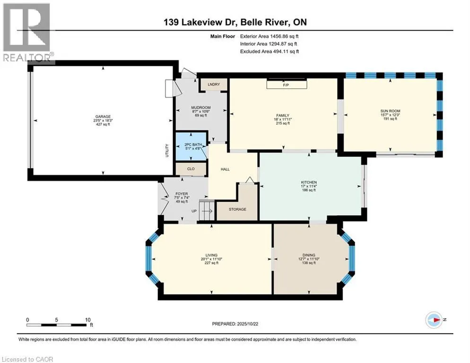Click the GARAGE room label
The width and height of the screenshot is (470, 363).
pyautogui.click(x=103, y=116)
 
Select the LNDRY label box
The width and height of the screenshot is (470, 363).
pyautogui.click(x=213, y=84)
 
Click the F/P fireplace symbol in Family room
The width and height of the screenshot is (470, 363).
pyautogui.click(x=286, y=85)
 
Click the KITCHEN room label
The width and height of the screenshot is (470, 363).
pyautogui.click(x=309, y=182)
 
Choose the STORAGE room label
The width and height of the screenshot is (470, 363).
pyautogui.click(x=237, y=209)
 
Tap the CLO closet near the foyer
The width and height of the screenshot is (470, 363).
pyautogui.click(x=191, y=168)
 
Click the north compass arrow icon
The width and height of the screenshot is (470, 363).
pyautogui.click(x=433, y=320)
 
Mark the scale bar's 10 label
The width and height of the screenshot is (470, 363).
pyautogui.click(x=87, y=320)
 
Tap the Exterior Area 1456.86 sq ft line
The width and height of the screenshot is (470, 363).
pyautogui.click(x=270, y=35)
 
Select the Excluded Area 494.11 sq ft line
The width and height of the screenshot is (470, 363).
pyautogui.click(x=270, y=51)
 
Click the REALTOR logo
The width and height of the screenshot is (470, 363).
pyautogui.click(x=26, y=32)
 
